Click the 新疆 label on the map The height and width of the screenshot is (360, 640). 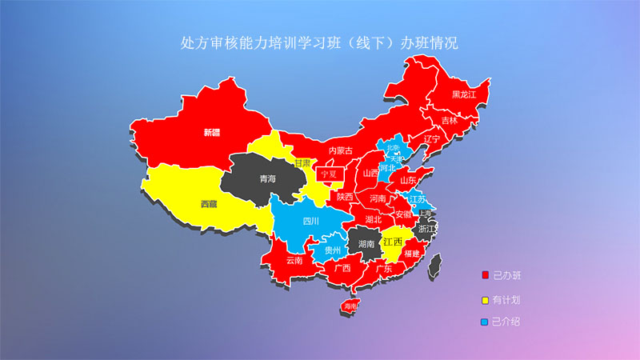click(x=211, y=132)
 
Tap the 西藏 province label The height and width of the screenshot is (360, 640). click(x=209, y=204)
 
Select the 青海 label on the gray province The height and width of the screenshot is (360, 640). click(x=268, y=179)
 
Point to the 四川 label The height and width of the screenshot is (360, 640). click(x=310, y=221)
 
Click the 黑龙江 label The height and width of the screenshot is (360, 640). click(x=463, y=94)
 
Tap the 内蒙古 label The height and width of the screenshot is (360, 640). click(x=340, y=150)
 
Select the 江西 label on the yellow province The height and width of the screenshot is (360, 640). click(x=392, y=241)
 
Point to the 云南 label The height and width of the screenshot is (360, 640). click(x=293, y=260)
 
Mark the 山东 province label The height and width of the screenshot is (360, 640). click(x=409, y=180)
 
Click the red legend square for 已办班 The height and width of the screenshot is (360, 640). click(x=485, y=276)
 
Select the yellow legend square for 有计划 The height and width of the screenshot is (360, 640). click(x=485, y=301)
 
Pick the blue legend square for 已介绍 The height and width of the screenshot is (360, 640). click(x=485, y=322)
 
